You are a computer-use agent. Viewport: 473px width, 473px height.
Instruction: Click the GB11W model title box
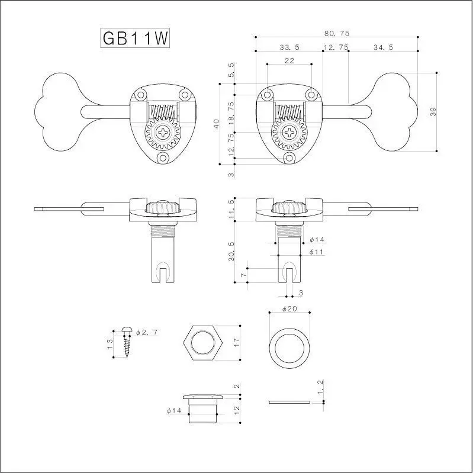(x=136, y=38)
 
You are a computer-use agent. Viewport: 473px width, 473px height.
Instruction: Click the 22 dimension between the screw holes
(x=289, y=60)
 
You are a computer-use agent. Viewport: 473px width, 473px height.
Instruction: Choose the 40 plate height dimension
(x=217, y=124)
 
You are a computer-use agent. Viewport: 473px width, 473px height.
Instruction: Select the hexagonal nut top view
(x=203, y=343)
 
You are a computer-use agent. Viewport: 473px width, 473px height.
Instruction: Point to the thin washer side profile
(x=289, y=402)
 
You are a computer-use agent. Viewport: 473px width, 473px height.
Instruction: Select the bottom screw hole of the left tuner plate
(x=162, y=157)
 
